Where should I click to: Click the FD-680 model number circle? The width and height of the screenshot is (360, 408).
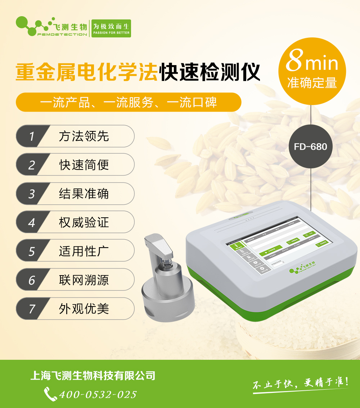pos(310,146)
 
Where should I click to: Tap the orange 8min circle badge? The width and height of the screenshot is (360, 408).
pos(312,71)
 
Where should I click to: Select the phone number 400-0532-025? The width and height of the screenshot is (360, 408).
pos(98,394)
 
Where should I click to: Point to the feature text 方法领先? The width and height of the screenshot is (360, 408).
pos(84,136)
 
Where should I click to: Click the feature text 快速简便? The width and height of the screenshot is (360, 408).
pos(84,165)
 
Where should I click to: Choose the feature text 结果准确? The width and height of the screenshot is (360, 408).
pos(84,194)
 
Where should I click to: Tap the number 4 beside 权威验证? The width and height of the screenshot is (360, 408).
pos(32,223)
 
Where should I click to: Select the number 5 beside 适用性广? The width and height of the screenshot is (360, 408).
pos(32,251)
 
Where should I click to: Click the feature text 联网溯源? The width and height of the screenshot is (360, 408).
pos(84,280)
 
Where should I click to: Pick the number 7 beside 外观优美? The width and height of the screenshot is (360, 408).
pos(32,309)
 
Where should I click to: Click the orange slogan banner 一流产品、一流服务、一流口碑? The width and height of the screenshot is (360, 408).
pos(129,103)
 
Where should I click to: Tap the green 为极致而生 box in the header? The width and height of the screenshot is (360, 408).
pos(111,28)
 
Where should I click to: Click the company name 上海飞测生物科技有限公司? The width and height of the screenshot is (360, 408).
pos(93,376)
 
